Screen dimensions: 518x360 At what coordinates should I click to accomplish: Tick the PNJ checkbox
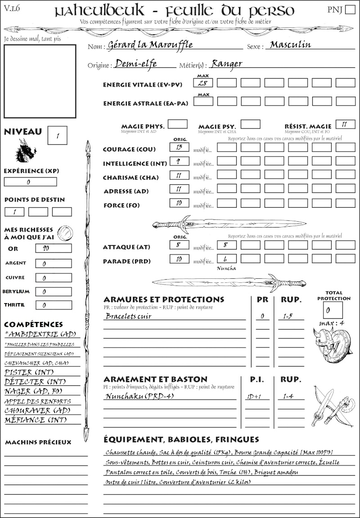349,10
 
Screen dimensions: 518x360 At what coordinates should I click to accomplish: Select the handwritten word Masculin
291,45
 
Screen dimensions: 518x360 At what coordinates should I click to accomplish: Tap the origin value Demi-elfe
136,63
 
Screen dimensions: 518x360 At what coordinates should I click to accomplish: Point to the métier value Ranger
226,63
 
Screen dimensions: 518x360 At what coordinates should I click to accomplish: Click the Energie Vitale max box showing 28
203,83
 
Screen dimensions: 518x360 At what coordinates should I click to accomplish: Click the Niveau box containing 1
58,135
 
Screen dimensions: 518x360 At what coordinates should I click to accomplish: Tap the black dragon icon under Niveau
26,150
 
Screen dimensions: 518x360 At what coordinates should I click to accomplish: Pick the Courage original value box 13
179,147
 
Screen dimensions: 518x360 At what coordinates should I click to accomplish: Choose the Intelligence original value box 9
179,161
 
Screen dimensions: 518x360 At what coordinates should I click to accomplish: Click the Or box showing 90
53,248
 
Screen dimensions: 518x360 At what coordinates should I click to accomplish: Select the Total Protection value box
333,310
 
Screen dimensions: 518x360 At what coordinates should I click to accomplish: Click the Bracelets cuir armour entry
128,316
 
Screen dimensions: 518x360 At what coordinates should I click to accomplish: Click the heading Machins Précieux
38,442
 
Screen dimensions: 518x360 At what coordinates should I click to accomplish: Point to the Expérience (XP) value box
30,182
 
